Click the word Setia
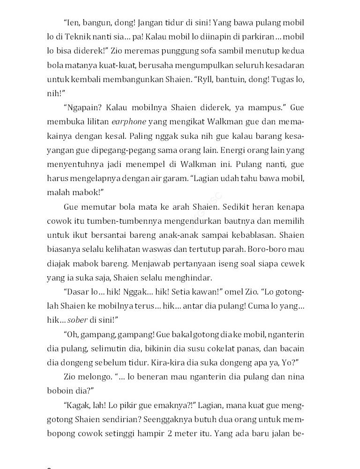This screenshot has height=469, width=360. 168,292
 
